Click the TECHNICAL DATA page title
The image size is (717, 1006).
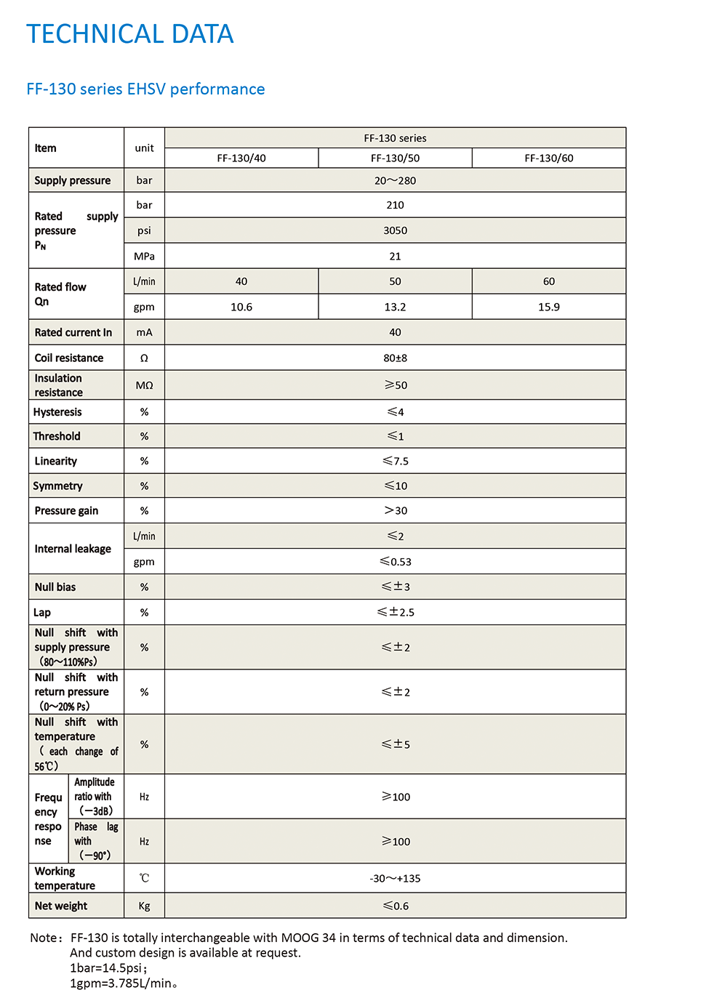click(x=129, y=34)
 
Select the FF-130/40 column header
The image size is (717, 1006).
click(x=241, y=158)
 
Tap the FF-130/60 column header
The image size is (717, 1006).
click(x=549, y=158)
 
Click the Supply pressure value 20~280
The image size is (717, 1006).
click(x=395, y=180)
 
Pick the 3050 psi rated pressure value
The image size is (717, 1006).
click(x=395, y=230)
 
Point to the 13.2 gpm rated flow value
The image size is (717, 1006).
click(x=395, y=307)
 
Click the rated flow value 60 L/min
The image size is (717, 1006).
click(x=549, y=281)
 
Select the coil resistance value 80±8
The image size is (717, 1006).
click(x=395, y=358)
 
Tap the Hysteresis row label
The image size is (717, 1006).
click(x=57, y=412)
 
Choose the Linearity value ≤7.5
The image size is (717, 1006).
click(x=395, y=461)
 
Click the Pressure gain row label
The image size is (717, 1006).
click(x=66, y=510)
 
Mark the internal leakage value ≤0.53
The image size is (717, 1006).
click(x=395, y=561)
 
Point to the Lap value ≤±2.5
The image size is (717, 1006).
click(x=395, y=612)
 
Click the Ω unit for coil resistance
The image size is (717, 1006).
click(x=144, y=358)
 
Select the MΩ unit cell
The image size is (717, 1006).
click(x=144, y=385)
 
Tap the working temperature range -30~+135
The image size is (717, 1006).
click(x=395, y=878)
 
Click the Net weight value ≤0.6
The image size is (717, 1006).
click(x=395, y=906)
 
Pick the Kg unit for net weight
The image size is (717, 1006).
click(x=144, y=906)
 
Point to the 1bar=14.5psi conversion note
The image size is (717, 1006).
click(x=108, y=968)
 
